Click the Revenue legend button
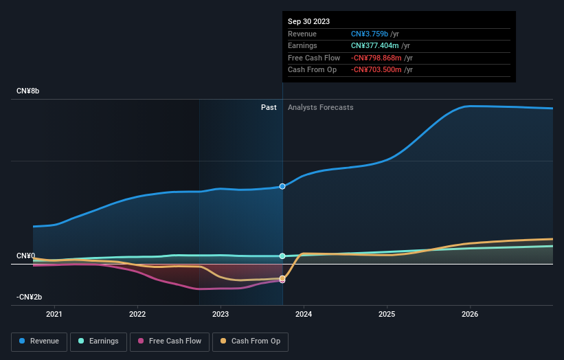pyautogui.click(x=39, y=341)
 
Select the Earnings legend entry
pyautogui.click(x=98, y=341)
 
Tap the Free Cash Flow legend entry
pyautogui.click(x=170, y=341)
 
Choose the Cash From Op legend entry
pyautogui.click(x=250, y=341)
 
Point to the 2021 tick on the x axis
pyautogui.click(x=54, y=314)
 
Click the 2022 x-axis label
pyautogui.click(x=137, y=314)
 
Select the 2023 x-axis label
pyautogui.click(x=221, y=314)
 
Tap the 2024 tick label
pyautogui.click(x=304, y=314)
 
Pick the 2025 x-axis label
pyautogui.click(x=387, y=314)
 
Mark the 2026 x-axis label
pyautogui.click(x=470, y=314)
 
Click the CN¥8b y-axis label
pyautogui.click(x=28, y=91)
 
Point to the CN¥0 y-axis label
pyautogui.click(x=25, y=256)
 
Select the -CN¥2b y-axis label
pyautogui.click(x=29, y=297)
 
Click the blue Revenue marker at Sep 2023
pyautogui.click(x=282, y=186)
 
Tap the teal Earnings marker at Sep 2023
pyautogui.click(x=282, y=256)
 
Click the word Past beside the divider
pyautogui.click(x=269, y=107)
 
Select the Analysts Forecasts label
pyautogui.click(x=320, y=107)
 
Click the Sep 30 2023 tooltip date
pyautogui.click(x=308, y=21)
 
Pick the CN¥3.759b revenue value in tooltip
pyautogui.click(x=370, y=34)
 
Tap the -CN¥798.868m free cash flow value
pyautogui.click(x=376, y=58)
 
